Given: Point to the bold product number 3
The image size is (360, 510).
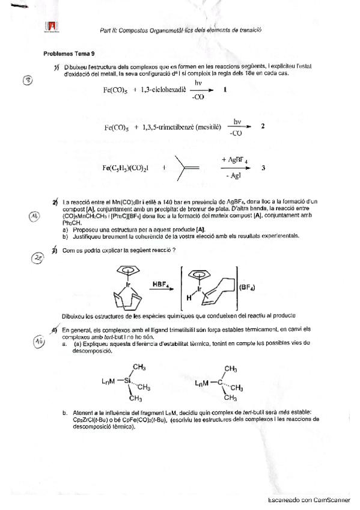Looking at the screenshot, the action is click(263, 168).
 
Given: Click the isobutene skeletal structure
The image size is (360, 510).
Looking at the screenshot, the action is click(188, 168).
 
